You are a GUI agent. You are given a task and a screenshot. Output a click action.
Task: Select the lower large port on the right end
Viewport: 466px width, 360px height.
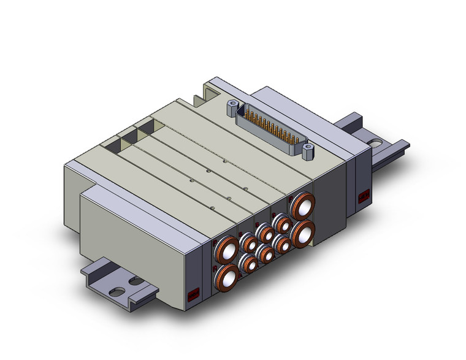(303, 233)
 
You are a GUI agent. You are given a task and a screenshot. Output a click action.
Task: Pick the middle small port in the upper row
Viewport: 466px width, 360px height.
(265, 232)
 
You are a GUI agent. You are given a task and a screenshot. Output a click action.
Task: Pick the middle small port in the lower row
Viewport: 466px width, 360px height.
(265, 253)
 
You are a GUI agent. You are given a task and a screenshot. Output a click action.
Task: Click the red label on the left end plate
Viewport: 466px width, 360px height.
(193, 295)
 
